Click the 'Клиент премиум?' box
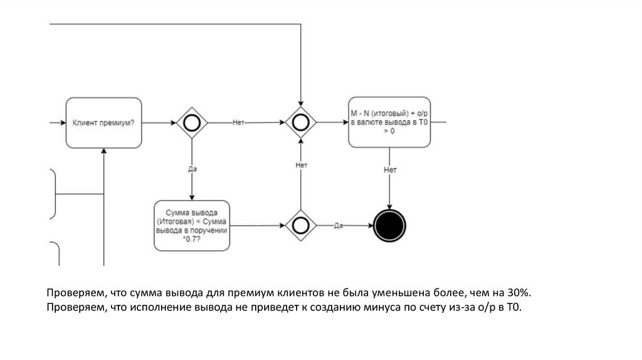pos(103,123)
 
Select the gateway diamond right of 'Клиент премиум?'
pos(191,123)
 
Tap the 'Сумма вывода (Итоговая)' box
pos(192,226)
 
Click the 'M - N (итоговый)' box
pos(389,122)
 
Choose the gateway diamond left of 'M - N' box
pos(301,123)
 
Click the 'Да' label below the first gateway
pos(192,169)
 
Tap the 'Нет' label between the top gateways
pos(238,123)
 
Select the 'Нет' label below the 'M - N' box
pos(390,170)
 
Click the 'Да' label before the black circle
pos(339,225)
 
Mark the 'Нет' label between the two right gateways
pos(301,165)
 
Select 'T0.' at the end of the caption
pos(514,307)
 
